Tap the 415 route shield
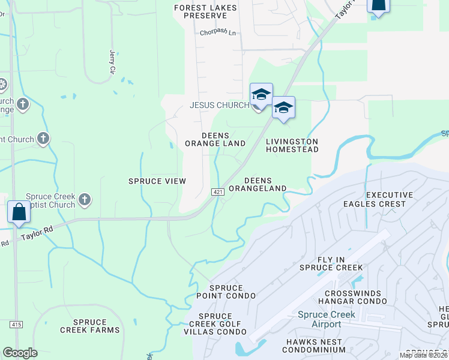pos(16,325)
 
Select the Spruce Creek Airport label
pos(327,319)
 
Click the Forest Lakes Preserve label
pos(206,11)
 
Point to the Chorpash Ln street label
pos(218,33)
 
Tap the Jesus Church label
pos(219,105)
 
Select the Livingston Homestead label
pos(292,145)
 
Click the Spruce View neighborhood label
pos(157,181)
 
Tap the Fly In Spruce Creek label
pos(332,263)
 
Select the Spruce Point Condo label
pos(226,292)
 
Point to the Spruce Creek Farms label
pos(89,326)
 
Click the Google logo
pos(20,352)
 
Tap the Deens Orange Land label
pos(215,139)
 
